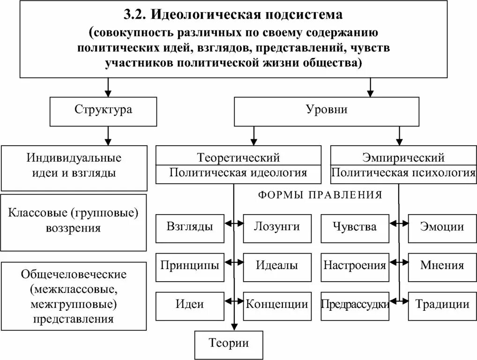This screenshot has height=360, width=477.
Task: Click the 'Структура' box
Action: coord(103,111)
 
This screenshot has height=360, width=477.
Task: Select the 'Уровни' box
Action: coord(327,111)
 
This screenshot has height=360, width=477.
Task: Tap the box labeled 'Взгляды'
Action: coord(189,228)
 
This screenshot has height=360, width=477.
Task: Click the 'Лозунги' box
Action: coord(277,228)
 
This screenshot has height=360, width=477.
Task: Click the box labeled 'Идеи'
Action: coord(189,305)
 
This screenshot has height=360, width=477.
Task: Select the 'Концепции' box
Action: coord(277,305)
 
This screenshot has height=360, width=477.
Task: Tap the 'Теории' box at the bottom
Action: coord(229,344)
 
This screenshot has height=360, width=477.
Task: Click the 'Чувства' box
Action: coord(355,228)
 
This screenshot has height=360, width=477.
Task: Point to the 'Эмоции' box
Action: coord(442,228)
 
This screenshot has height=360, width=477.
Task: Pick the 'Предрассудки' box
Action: coord(355,305)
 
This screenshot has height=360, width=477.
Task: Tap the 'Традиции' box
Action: coord(442,305)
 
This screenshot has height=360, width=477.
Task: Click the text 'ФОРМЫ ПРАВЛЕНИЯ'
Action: coord(320,195)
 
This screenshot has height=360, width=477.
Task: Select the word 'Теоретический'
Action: coord(238,157)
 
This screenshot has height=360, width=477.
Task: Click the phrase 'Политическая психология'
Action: coord(403,173)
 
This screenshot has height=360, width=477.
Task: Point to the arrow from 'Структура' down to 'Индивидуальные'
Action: coord(108,135)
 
